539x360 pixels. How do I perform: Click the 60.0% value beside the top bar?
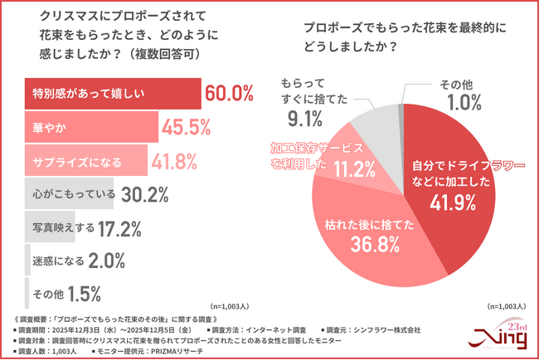coord(228,93)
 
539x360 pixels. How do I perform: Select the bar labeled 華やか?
coord(91,127)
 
